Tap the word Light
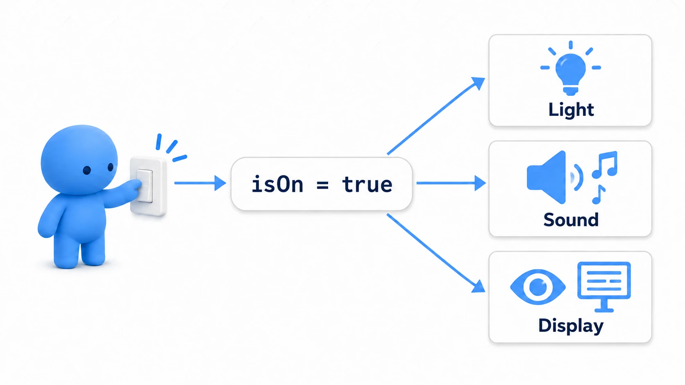tap(571, 110)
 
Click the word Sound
tap(571, 220)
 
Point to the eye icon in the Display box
tap(538, 287)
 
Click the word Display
tap(571, 326)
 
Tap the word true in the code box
tap(367, 185)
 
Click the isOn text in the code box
tap(277, 184)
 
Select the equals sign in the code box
tap(322, 185)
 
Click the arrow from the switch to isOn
tap(200, 183)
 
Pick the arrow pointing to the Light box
tap(436, 116)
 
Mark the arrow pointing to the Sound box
tap(451, 183)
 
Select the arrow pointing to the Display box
tap(436, 253)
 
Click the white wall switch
tap(148, 186)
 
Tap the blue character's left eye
tap(87, 170)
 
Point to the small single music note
tap(599, 194)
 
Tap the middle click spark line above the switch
tap(172, 147)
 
